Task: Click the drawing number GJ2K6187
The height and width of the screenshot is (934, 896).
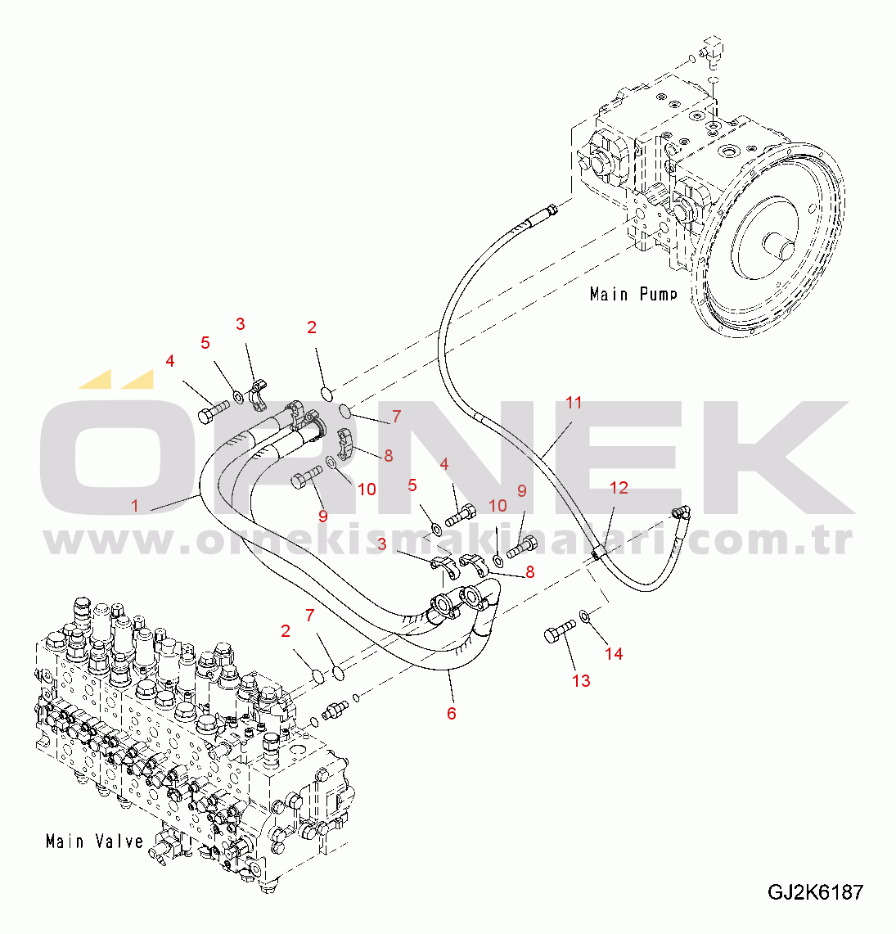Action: tap(814, 892)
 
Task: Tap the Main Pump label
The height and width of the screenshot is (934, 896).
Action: tap(633, 294)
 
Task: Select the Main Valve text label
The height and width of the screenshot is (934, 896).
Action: tap(95, 841)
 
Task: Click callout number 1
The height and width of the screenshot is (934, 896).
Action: tap(136, 506)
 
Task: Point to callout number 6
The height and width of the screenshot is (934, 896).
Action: tap(452, 714)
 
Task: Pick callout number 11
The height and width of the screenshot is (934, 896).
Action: tap(574, 403)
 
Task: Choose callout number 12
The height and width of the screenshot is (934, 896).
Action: tap(619, 488)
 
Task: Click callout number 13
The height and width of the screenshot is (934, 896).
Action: tap(581, 680)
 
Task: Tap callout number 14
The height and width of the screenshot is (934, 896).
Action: tap(614, 653)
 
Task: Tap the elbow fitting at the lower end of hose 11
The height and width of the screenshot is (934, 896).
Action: tap(680, 512)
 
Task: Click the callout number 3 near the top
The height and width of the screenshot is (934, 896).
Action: tap(240, 324)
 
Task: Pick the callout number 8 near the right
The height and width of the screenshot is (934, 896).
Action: tap(530, 572)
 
